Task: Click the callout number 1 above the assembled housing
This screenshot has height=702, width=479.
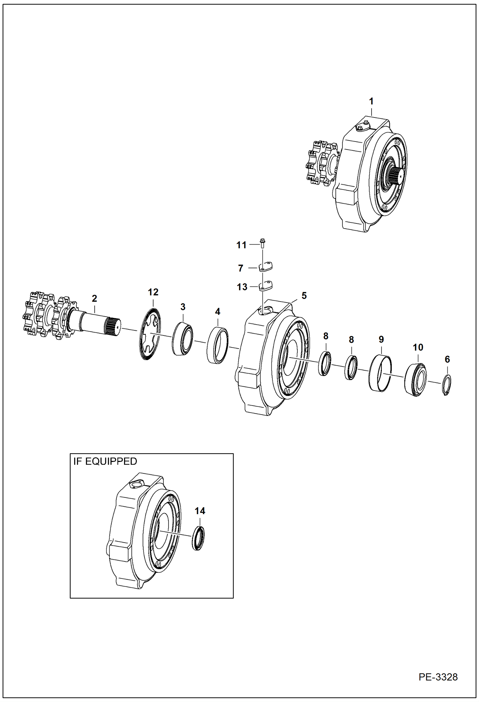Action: click(x=371, y=101)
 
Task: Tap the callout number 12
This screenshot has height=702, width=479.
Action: click(x=153, y=292)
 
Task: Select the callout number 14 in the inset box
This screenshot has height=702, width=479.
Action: click(x=200, y=511)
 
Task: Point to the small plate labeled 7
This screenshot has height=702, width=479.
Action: click(x=265, y=266)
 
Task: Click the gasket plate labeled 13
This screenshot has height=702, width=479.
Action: click(x=265, y=285)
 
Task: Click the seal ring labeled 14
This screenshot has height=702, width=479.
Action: click(x=199, y=538)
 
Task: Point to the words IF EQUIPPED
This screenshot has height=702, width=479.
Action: click(x=105, y=461)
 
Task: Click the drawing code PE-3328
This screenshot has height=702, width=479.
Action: click(x=438, y=677)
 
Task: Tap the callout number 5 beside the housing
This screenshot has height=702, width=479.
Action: click(x=304, y=296)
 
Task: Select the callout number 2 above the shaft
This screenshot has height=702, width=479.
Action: click(x=94, y=298)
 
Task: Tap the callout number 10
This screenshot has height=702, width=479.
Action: click(x=418, y=347)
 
